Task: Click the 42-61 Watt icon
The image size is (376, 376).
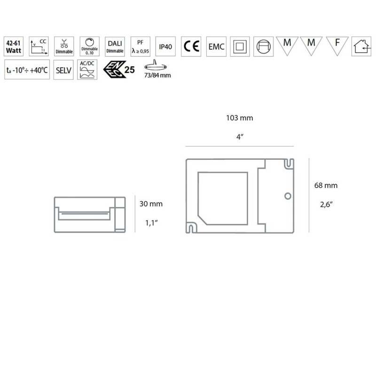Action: point(13,46)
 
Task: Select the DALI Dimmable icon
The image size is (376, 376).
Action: point(115,46)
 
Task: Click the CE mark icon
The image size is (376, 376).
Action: point(191,46)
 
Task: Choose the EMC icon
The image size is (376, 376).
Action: point(216,46)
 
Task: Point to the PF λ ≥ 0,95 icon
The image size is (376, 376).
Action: point(140,46)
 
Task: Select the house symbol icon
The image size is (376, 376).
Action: point(361,46)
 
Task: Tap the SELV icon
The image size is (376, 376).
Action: point(63,70)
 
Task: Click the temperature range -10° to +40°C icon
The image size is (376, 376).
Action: point(27,70)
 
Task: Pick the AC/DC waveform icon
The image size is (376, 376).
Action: point(87,70)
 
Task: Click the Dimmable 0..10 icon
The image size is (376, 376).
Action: point(89,46)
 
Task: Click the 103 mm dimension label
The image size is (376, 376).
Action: point(240,118)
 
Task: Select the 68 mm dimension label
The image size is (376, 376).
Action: point(326,186)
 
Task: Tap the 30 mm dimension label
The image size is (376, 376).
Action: point(151,204)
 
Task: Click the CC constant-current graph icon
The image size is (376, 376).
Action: point(39,46)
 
